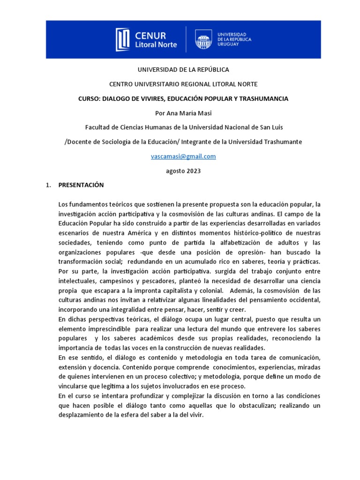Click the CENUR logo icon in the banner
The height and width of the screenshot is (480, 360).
tap(122, 39)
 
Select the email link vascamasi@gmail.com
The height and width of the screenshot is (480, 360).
tap(183, 157)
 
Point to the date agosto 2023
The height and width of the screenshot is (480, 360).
tap(183, 171)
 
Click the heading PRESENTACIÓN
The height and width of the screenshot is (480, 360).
tap(81, 185)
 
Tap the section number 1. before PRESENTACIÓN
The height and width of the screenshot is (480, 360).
tap(48, 185)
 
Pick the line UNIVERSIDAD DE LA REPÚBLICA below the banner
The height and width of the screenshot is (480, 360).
tap(183, 69)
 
